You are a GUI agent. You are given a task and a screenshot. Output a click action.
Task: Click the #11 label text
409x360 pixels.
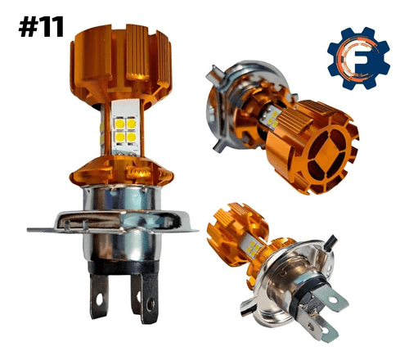click(41, 26)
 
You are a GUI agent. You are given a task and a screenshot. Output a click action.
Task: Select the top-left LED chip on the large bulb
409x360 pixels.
click(120, 124)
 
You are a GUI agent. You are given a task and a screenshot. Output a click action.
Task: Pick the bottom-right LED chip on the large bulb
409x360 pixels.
click(132, 137)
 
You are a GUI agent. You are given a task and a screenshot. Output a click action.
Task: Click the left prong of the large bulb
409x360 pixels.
click(99, 296)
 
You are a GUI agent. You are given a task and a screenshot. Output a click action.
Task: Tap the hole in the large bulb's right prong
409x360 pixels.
click(150, 304)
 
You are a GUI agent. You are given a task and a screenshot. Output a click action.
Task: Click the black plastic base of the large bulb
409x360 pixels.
click(124, 267)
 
